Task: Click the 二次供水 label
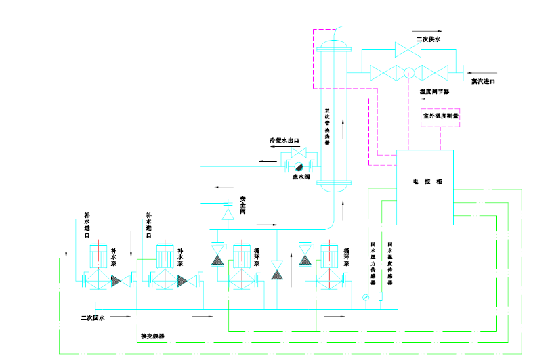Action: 428,39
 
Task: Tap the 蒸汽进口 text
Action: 484,81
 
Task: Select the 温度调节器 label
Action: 434,91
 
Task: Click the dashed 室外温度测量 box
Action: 440,116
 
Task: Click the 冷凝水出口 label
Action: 284,141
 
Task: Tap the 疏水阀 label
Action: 301,177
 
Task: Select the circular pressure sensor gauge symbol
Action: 366,296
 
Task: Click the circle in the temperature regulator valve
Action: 408,72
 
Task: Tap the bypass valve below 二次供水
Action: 408,49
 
